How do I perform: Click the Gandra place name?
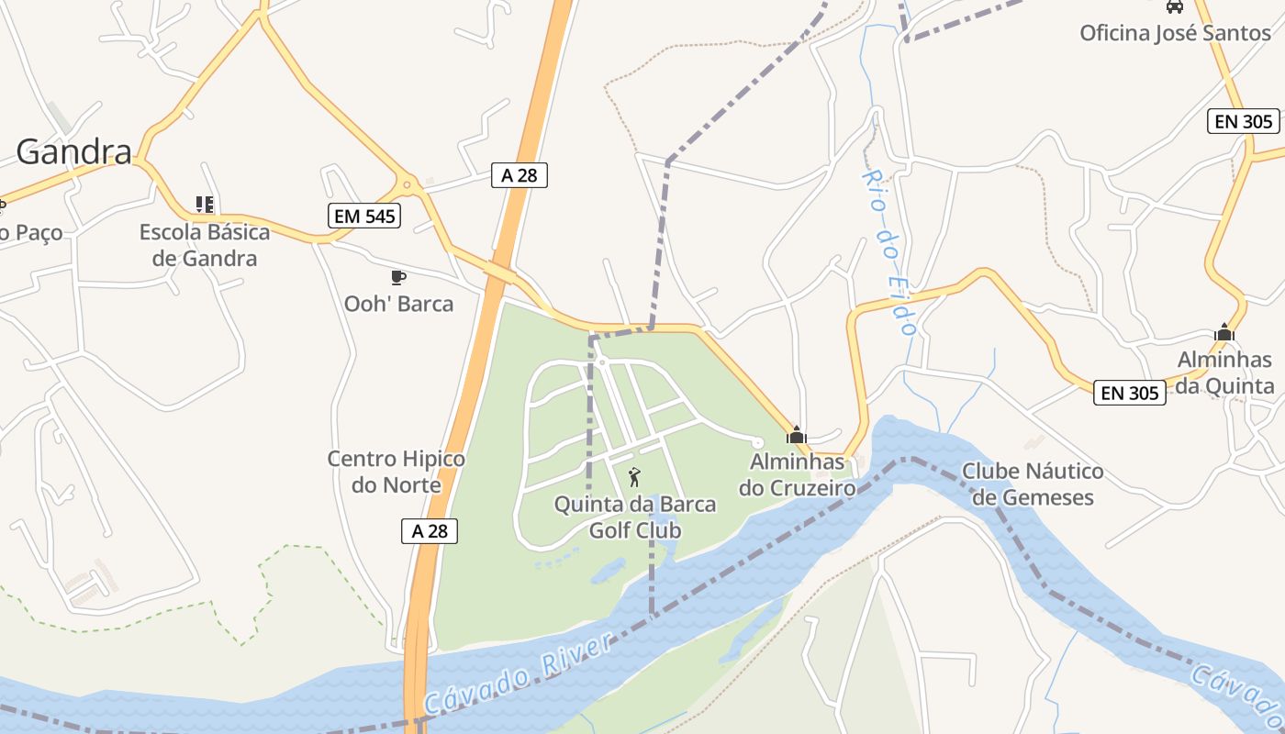(x=73, y=151)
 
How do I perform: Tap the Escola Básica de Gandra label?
(x=205, y=245)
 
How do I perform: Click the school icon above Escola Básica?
(x=205, y=204)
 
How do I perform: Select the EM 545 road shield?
(x=364, y=216)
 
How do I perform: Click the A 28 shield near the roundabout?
(x=519, y=174)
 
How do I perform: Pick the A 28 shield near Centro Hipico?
(x=430, y=530)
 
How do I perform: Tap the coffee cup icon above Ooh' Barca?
(x=397, y=276)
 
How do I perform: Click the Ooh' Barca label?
(x=398, y=304)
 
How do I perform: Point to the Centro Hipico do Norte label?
(x=397, y=472)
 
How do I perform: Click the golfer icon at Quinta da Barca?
(x=634, y=477)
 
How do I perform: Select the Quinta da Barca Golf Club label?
(x=635, y=517)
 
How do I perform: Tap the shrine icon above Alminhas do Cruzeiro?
(x=797, y=434)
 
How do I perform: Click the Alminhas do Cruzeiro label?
(x=797, y=474)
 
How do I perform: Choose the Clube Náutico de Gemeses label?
(x=1033, y=484)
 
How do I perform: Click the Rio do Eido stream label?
(x=890, y=252)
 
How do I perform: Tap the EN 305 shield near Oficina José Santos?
(x=1243, y=120)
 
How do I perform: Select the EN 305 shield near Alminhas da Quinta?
(x=1130, y=393)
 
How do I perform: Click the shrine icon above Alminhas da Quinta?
(x=1224, y=332)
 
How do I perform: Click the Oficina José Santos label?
(x=1175, y=33)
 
